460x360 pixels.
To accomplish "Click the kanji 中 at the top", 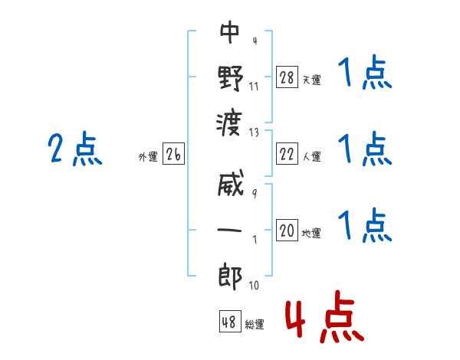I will coord(230,32).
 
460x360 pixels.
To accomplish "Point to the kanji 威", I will coord(230,186).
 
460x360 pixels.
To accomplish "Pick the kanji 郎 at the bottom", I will coord(230,275).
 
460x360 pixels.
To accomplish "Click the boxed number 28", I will coord(287,77).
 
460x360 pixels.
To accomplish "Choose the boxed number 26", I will coord(173,155).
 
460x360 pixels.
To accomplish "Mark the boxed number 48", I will coord(229,322).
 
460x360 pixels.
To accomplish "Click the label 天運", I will coord(311,80).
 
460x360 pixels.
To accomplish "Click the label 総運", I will coord(255,325).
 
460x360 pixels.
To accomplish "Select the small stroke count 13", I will coord(254,133).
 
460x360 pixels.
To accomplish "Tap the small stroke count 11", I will coord(254,86).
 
